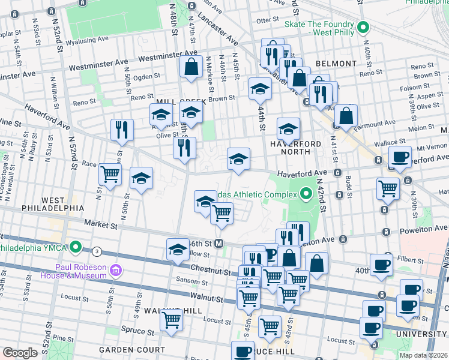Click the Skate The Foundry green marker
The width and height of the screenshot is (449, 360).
click(363, 28)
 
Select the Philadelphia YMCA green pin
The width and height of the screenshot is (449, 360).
click(76, 247)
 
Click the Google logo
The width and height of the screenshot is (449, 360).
click(20, 353)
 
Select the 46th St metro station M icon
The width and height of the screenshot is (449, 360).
click(219, 244)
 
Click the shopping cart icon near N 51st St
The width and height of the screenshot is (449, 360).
click(110, 175)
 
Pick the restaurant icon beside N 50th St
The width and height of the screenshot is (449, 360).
click(122, 128)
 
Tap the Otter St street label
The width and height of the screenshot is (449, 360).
click(264, 20)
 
